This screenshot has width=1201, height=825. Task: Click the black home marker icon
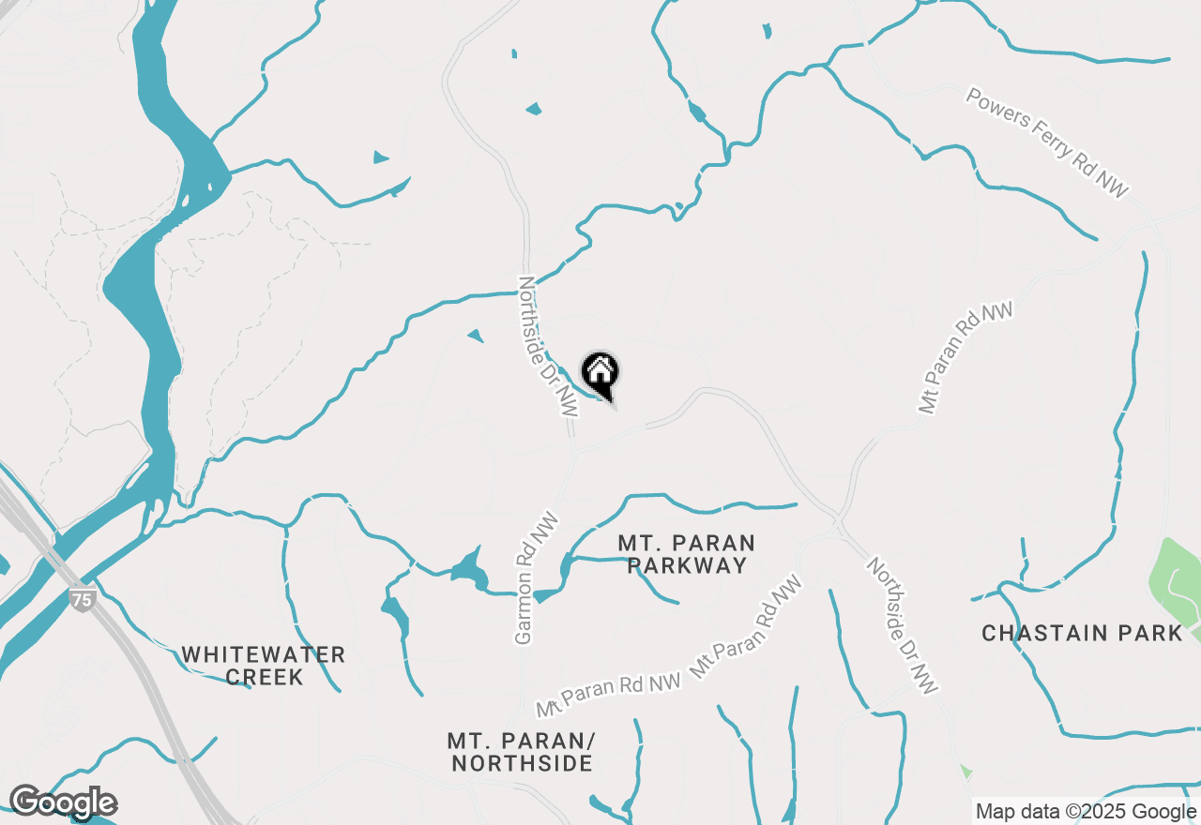click(600, 373)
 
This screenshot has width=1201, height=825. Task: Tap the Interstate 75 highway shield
click(83, 599)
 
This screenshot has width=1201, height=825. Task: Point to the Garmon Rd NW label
click(536, 578)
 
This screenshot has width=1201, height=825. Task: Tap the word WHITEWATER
click(264, 654)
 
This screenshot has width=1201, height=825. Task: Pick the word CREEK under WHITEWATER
click(264, 677)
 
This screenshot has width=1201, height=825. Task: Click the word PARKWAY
click(688, 565)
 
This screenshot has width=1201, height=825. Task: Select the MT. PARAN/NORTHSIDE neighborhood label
click(522, 752)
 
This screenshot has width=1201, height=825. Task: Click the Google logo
click(63, 802)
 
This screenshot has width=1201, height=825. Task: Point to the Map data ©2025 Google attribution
click(1086, 812)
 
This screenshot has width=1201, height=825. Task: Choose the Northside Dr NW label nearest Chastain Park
click(902, 626)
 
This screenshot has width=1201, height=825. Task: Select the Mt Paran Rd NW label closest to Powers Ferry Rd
click(965, 357)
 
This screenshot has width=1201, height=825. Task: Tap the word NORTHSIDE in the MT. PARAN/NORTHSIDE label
click(522, 763)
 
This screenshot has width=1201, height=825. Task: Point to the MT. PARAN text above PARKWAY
click(687, 543)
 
